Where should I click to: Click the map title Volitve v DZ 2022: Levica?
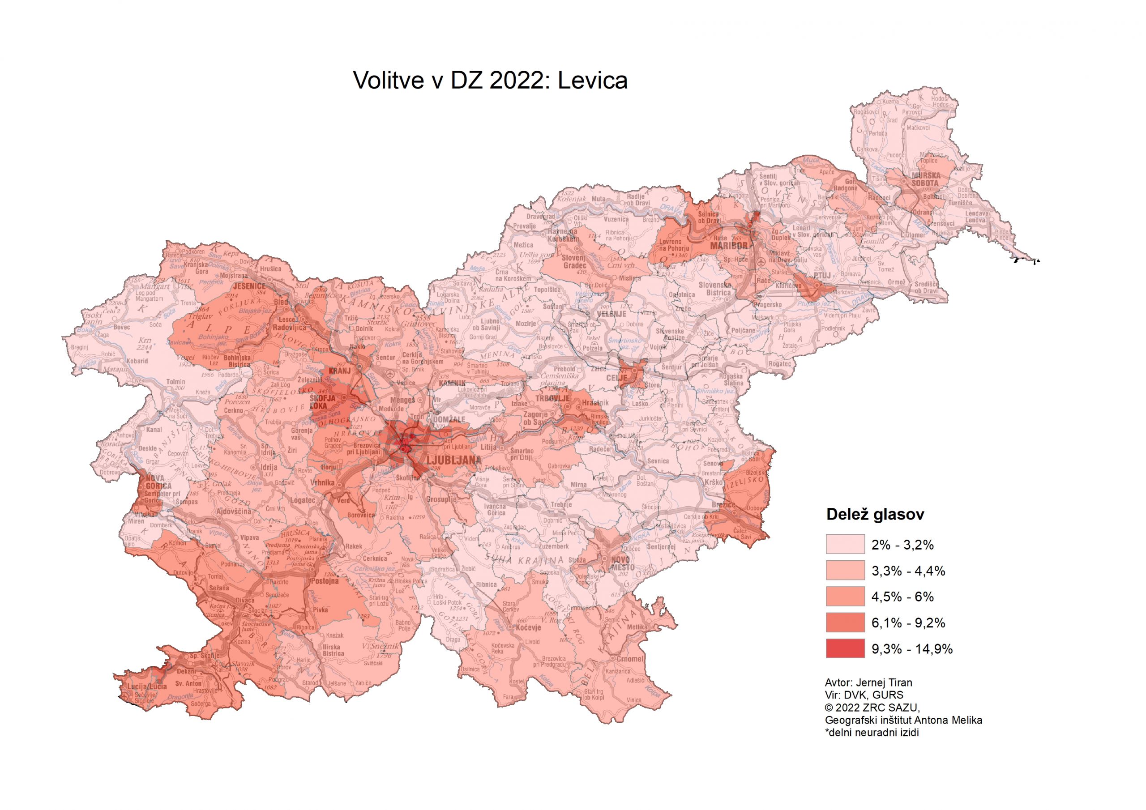(490, 80)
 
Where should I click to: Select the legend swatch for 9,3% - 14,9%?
(845, 648)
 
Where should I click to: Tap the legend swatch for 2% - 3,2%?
(845, 545)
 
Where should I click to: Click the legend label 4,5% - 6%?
(902, 597)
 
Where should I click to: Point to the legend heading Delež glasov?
(875, 515)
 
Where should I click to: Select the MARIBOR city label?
(729, 246)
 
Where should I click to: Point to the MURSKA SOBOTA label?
(925, 179)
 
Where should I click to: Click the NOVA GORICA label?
(159, 482)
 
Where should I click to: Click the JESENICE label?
(249, 286)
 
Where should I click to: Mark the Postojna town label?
(325, 581)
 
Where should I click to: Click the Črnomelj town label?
(630, 659)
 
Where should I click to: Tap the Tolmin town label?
(175, 382)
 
